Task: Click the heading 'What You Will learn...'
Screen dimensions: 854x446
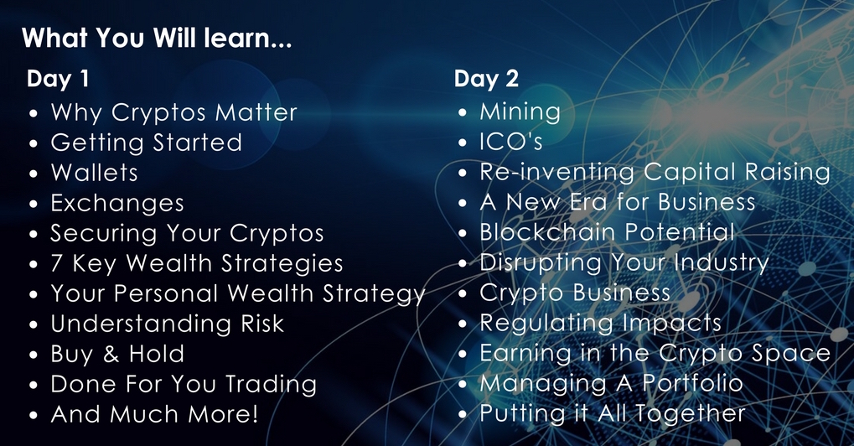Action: (x=157, y=38)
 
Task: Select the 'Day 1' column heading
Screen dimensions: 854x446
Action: (x=58, y=79)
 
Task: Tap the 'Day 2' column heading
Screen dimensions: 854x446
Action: (x=486, y=79)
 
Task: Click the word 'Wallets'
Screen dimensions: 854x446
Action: (x=94, y=173)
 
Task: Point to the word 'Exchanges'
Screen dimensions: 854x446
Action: (x=117, y=204)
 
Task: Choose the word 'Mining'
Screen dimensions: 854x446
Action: (x=520, y=112)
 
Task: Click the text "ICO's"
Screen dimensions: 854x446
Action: (x=511, y=142)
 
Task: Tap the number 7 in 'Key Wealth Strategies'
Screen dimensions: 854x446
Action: (x=57, y=263)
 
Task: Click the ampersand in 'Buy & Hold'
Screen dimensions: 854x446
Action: (x=111, y=354)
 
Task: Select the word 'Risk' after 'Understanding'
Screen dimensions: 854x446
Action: (x=262, y=324)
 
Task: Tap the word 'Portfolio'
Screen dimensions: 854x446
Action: (x=693, y=383)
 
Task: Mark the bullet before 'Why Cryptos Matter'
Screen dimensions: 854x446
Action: (x=34, y=114)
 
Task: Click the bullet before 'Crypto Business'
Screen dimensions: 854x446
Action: (x=463, y=294)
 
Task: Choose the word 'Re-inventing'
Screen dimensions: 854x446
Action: (x=557, y=173)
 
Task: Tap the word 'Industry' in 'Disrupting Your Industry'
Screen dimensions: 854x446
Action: (x=721, y=263)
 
